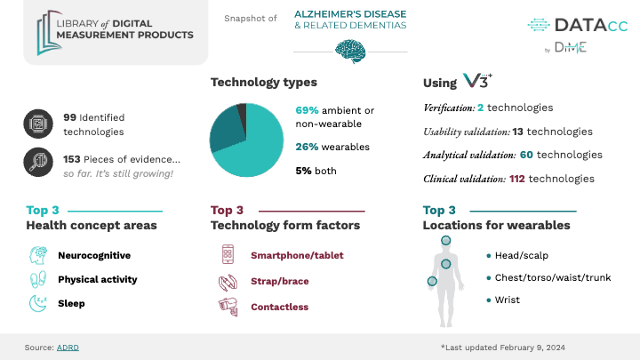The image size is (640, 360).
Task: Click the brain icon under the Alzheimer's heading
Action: click(350, 52)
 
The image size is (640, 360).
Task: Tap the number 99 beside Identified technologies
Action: click(70, 117)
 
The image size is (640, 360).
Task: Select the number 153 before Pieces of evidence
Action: click(71, 159)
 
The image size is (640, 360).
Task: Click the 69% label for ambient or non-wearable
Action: click(307, 110)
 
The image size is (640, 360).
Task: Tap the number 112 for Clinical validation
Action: click(517, 179)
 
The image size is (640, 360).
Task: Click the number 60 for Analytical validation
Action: click(526, 155)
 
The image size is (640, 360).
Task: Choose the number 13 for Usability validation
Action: click(518, 132)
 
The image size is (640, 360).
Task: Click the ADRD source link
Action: click(68, 348)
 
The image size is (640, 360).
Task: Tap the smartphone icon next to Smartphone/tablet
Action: click(228, 254)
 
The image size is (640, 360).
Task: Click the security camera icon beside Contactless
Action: click(228, 307)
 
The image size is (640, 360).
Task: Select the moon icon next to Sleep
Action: click(38, 303)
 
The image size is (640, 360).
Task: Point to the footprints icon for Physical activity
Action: click(38, 280)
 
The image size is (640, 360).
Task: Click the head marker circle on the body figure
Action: click(445, 240)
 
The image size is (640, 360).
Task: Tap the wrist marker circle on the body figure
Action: click(432, 281)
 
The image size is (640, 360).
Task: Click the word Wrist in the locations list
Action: click(508, 300)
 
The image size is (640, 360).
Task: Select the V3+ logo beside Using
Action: click(477, 81)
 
